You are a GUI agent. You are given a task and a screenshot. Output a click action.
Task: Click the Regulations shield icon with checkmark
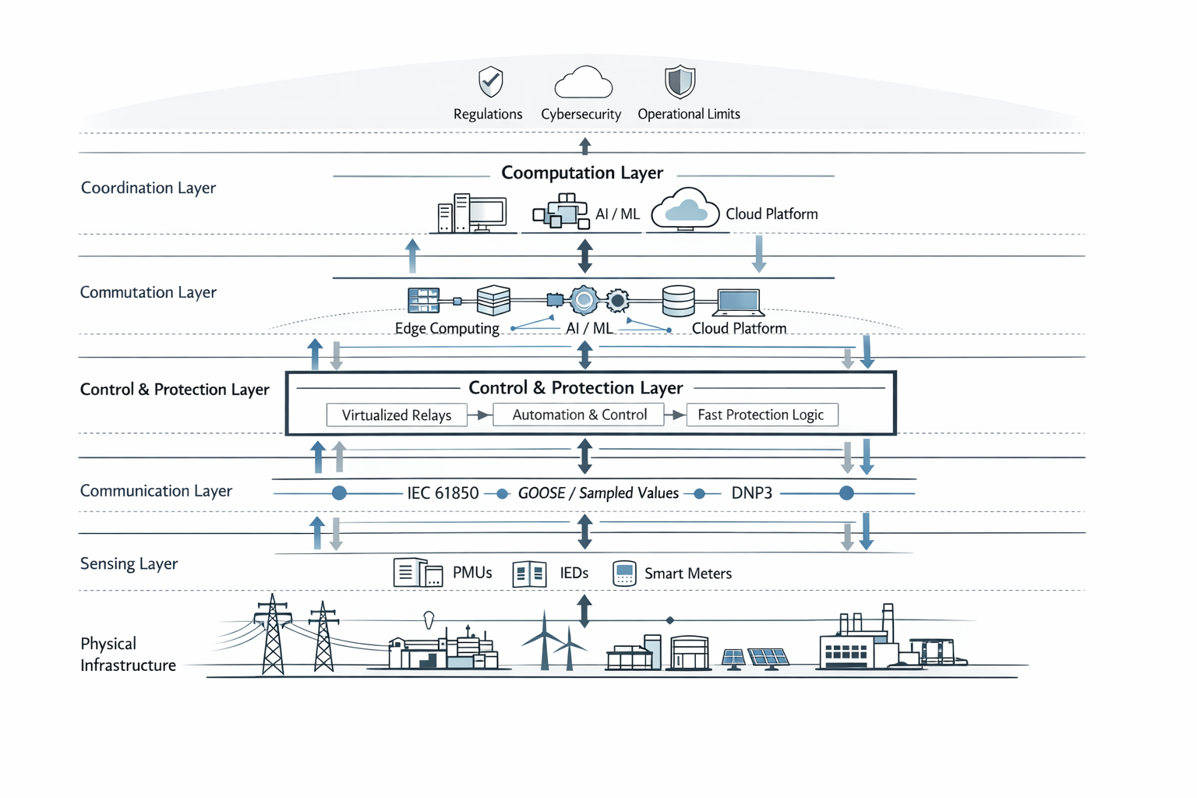pyautogui.click(x=490, y=81)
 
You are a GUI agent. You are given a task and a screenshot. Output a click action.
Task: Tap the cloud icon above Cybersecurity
pyautogui.click(x=583, y=82)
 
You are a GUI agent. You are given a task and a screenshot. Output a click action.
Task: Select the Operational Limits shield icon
pyautogui.click(x=680, y=81)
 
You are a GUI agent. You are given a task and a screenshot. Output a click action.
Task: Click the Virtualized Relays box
pyautogui.click(x=397, y=415)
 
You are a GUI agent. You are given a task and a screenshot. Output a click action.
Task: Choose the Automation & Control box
pyautogui.click(x=579, y=415)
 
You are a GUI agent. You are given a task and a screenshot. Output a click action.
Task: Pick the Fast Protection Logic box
pyautogui.click(x=761, y=415)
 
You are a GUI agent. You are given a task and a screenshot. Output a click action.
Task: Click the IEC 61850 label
pyautogui.click(x=443, y=493)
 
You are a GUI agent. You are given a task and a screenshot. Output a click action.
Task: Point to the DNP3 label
pyautogui.click(x=751, y=493)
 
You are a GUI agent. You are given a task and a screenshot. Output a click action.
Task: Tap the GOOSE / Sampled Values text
pyautogui.click(x=598, y=493)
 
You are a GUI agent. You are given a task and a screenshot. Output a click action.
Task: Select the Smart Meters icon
pyautogui.click(x=624, y=574)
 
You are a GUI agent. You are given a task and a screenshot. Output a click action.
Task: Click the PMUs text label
pyautogui.click(x=472, y=573)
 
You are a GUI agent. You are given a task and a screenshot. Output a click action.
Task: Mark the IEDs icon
pyautogui.click(x=529, y=574)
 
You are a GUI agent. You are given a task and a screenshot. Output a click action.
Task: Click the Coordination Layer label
pyautogui.click(x=148, y=188)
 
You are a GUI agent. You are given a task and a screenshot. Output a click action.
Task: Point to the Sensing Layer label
pyautogui.click(x=129, y=563)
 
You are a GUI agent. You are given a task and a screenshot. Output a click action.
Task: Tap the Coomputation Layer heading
pyautogui.click(x=582, y=173)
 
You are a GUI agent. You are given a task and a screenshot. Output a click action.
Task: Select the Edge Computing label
pyautogui.click(x=447, y=328)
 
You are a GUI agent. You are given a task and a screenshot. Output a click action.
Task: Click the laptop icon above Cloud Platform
pyautogui.click(x=737, y=302)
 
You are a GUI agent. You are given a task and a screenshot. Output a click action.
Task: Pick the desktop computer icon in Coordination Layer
pyautogui.click(x=472, y=213)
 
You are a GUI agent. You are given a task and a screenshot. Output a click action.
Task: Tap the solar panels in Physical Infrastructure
pyautogui.click(x=757, y=659)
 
